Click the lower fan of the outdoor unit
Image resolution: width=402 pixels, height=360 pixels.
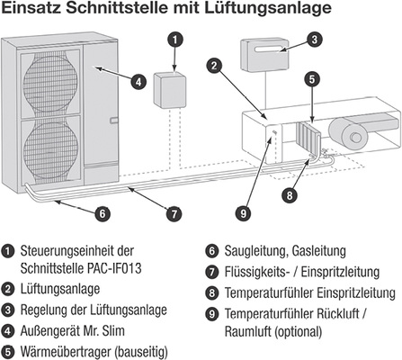(48, 149)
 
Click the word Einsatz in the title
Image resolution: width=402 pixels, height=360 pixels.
(31, 10)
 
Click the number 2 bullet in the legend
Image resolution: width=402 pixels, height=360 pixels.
(8, 289)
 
